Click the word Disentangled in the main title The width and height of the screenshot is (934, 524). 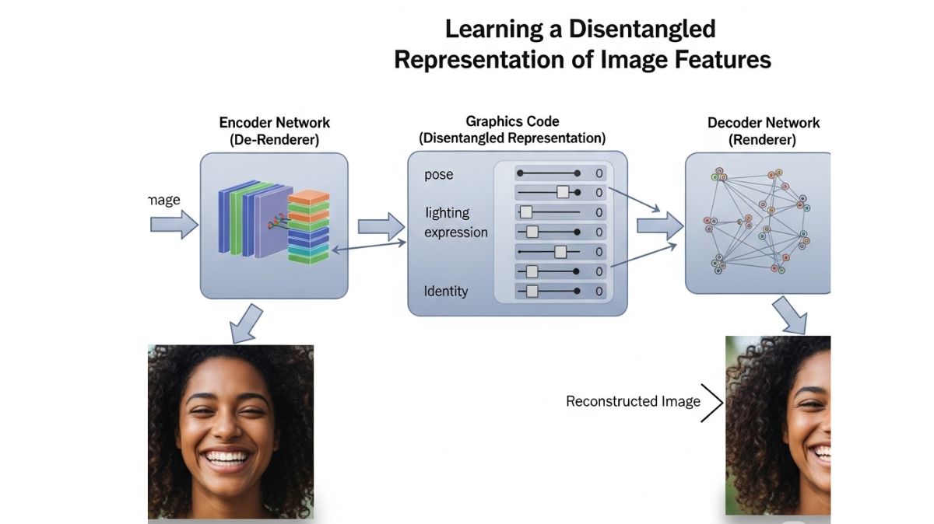coord(641,30)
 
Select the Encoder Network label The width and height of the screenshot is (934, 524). coord(274,123)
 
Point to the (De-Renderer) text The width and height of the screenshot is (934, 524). coord(274,141)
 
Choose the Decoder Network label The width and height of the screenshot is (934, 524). coord(763,123)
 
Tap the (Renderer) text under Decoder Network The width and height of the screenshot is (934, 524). coord(763,141)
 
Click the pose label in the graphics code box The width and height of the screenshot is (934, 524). coord(438,174)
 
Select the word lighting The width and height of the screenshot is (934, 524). coord(447,212)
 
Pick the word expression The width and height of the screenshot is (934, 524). coord(456,232)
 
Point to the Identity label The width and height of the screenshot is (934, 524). coord(446,292)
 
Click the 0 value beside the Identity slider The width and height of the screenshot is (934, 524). coord(599,292)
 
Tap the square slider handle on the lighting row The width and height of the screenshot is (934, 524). coord(525,212)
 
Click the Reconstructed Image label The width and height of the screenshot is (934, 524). coord(633,402)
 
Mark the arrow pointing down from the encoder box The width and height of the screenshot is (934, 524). coord(248,323)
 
